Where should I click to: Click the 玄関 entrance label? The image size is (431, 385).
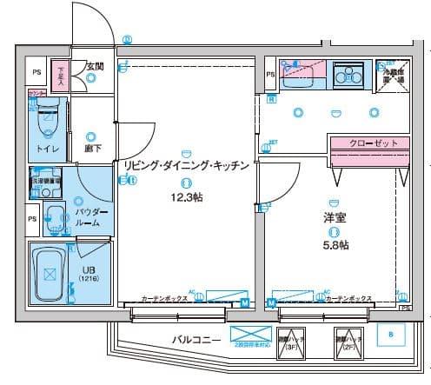pyautogui.click(x=94, y=65)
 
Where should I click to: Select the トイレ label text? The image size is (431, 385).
pyautogui.click(x=43, y=149)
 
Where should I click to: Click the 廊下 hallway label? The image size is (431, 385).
pyautogui.click(x=93, y=149)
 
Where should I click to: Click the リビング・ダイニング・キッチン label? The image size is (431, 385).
pyautogui.click(x=187, y=165)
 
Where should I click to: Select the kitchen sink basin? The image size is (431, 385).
pyautogui.click(x=302, y=73)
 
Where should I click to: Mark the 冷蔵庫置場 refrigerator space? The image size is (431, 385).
pyautogui.click(x=395, y=75)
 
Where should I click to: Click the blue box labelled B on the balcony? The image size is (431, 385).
pyautogui.click(x=390, y=335)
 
